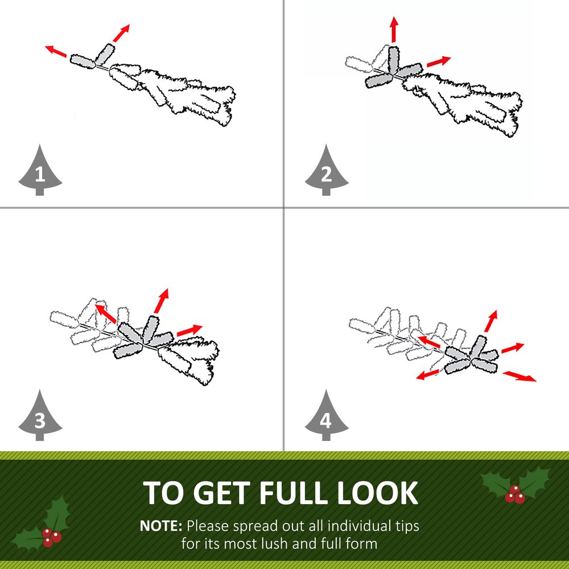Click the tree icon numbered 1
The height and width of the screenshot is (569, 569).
(40, 171)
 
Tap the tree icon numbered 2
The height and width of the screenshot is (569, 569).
(327, 171)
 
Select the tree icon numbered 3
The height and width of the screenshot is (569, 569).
(40, 416)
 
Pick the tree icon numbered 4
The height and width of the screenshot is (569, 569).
(327, 416)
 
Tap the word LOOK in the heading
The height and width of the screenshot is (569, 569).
(378, 493)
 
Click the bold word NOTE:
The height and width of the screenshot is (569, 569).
(161, 526)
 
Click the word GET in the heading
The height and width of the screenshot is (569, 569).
(224, 493)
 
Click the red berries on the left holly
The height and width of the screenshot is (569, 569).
(51, 537)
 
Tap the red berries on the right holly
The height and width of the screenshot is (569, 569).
(514, 494)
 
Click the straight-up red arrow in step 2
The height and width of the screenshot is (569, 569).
(394, 30)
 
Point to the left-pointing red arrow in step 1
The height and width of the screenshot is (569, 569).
(56, 51)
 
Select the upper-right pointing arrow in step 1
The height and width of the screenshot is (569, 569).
(121, 33)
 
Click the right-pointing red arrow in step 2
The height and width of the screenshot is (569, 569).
(439, 61)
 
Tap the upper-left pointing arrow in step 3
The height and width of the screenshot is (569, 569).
(105, 314)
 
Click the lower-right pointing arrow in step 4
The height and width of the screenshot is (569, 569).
(519, 376)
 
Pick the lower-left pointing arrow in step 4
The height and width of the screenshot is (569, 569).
(428, 374)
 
